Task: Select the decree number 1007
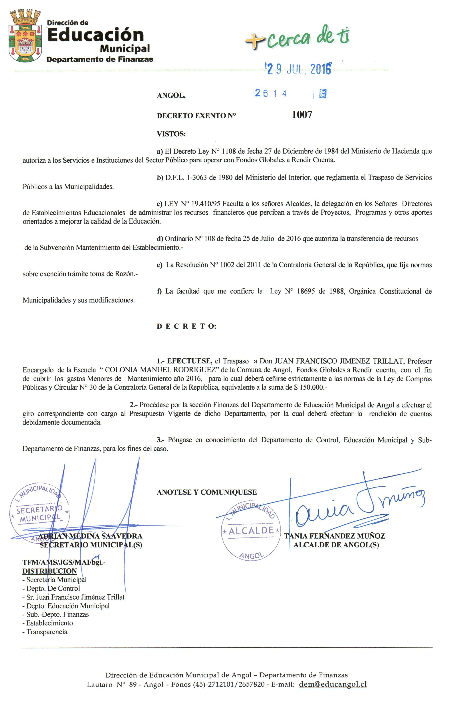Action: click(x=302, y=115)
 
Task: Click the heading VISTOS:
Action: click(x=171, y=134)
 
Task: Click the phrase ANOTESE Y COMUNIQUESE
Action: click(x=207, y=492)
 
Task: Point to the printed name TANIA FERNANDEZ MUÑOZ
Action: click(x=334, y=536)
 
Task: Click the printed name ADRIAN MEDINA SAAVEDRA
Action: click(x=90, y=536)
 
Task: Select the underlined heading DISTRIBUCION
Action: click(x=50, y=571)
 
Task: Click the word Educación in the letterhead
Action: click(x=95, y=35)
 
